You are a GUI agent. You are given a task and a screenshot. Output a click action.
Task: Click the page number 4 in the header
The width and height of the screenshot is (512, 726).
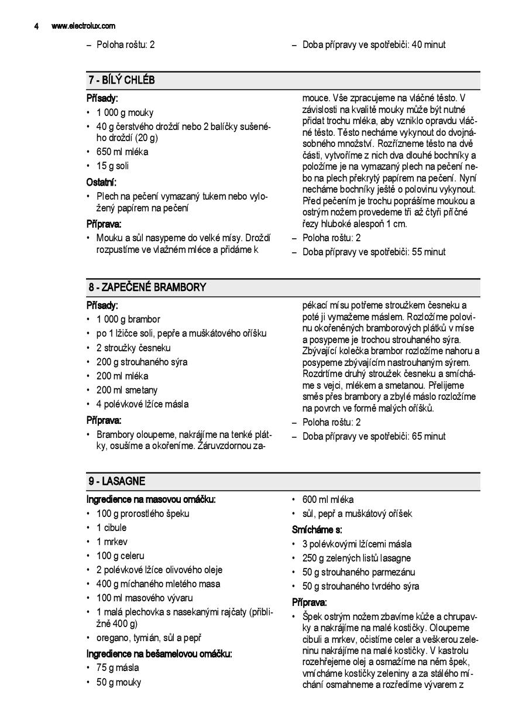(36, 26)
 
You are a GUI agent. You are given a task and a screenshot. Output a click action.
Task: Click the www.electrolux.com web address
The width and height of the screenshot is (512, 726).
(83, 26)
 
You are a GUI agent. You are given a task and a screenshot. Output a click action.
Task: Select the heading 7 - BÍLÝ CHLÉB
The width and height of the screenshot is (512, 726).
(122, 80)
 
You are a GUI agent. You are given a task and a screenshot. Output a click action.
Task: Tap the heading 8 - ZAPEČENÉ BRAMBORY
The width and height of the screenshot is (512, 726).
(147, 287)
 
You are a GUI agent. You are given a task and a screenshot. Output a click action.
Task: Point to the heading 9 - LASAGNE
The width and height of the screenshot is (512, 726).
(117, 481)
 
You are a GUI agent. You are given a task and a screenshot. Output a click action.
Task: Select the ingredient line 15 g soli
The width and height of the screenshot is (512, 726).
(112, 166)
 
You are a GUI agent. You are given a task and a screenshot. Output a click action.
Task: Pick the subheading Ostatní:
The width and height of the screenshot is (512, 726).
(101, 182)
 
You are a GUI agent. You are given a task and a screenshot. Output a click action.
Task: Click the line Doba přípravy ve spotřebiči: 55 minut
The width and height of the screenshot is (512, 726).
(373, 252)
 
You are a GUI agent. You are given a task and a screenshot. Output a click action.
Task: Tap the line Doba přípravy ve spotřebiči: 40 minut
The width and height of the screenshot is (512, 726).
(373, 44)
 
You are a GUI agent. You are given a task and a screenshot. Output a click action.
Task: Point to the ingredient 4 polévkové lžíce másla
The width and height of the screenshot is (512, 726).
(142, 404)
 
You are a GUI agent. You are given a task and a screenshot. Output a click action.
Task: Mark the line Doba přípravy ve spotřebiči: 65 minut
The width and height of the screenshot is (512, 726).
(373, 436)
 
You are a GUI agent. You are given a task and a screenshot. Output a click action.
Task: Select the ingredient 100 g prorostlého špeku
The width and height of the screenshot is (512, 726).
(143, 513)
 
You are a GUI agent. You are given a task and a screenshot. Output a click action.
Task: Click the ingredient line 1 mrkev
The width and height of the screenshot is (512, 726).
(112, 542)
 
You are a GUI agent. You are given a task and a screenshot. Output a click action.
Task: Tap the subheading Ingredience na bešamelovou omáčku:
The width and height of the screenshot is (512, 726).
(159, 654)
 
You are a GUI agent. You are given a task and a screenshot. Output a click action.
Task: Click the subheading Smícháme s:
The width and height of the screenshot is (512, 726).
(317, 530)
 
